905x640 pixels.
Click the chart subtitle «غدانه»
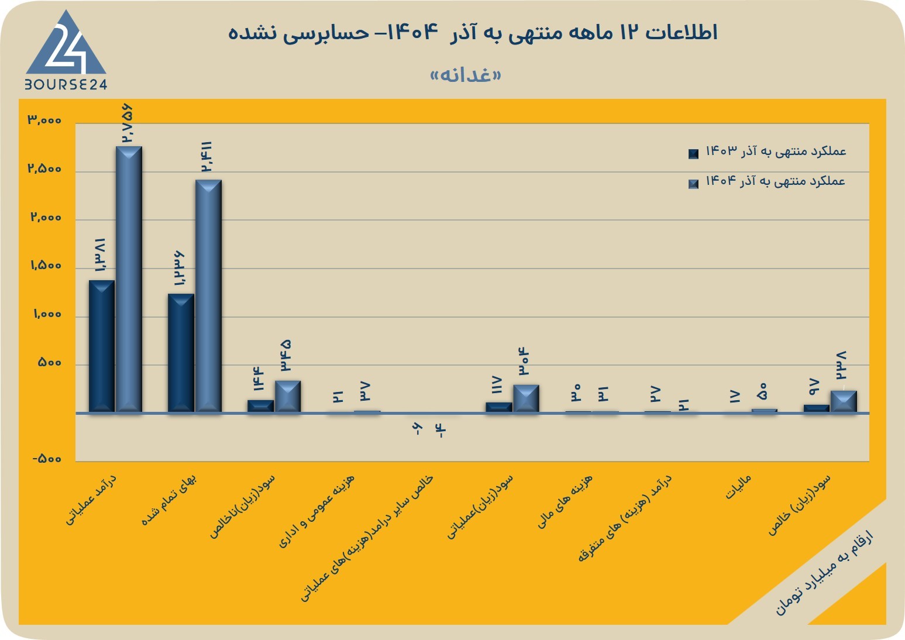[466, 75]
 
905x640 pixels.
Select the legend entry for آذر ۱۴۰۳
[767, 152]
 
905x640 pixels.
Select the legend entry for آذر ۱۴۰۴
[767, 181]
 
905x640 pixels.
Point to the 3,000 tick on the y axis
[44, 120]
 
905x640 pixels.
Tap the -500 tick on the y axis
[47, 459]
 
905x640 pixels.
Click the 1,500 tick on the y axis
[46, 266]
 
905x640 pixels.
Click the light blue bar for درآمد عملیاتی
[129, 279]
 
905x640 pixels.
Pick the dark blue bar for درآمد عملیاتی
[102, 346]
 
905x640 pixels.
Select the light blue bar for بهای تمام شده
[208, 296]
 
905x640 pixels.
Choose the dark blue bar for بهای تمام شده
[181, 353]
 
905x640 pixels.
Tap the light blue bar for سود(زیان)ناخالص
[288, 397]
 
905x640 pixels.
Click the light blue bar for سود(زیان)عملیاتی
[526, 398]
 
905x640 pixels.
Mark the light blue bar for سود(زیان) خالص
[844, 402]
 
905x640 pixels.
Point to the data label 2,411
[207, 157]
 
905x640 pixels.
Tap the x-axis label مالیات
[738, 487]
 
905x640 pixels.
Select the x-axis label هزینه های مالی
[565, 501]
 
